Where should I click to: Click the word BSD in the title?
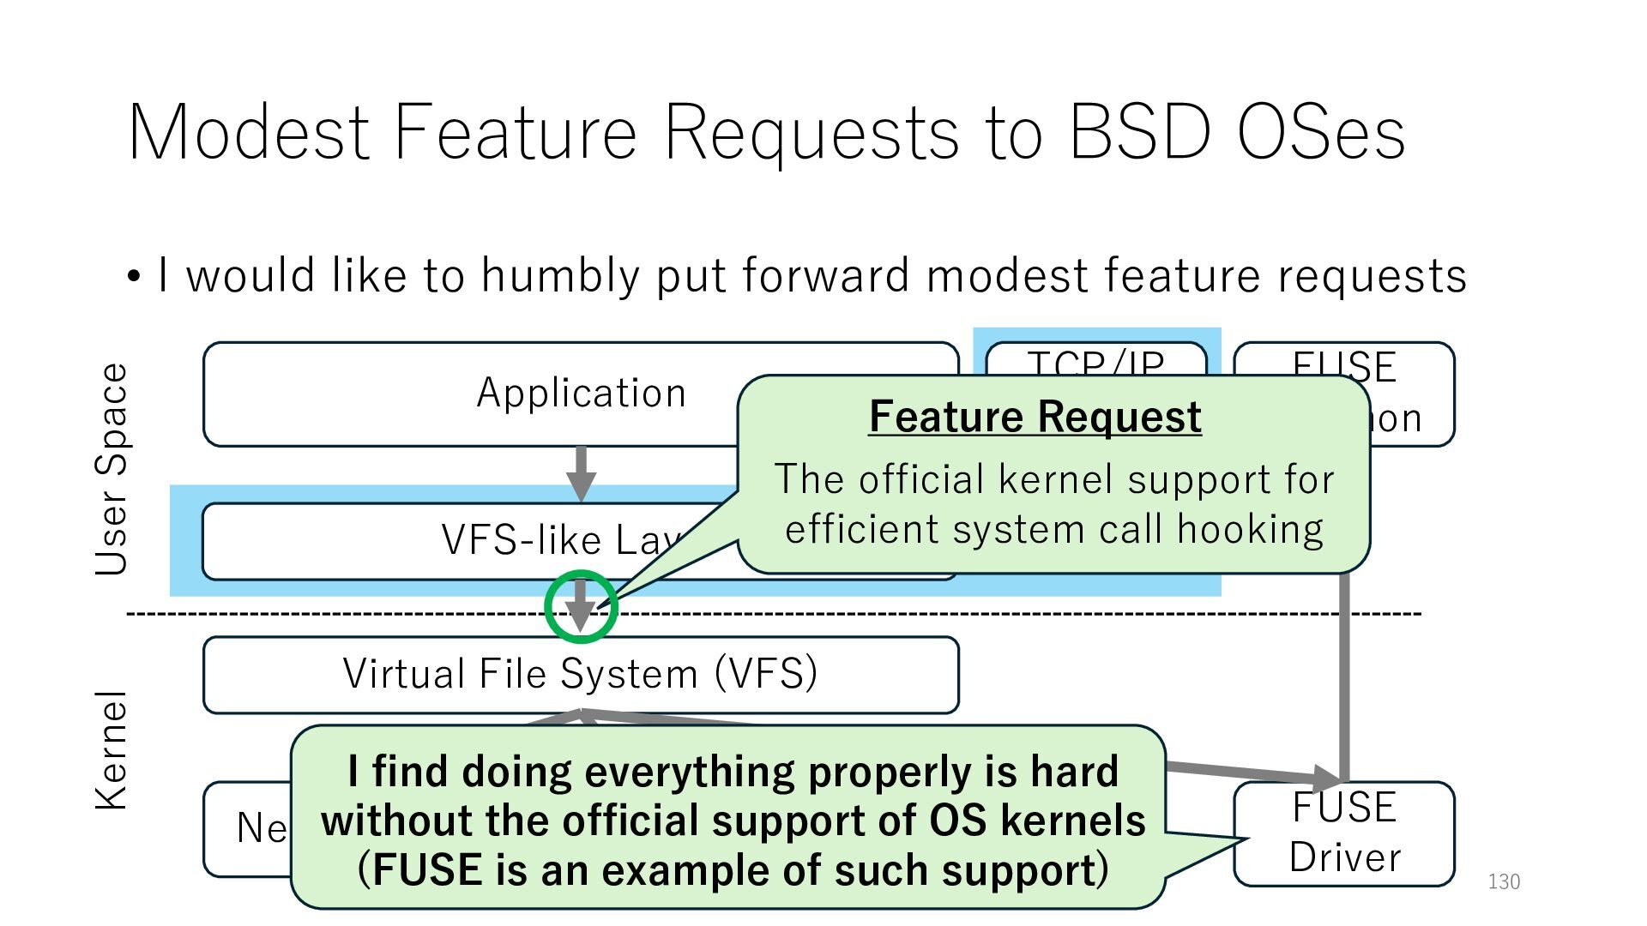point(1139,133)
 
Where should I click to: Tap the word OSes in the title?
point(1321,133)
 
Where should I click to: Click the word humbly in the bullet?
point(560,276)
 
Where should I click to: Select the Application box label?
point(581,393)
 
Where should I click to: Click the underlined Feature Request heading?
point(1035,418)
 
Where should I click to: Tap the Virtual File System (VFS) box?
point(581,674)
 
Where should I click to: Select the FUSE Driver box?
point(1344,833)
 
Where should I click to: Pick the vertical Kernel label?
point(112,749)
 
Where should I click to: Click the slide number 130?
point(1503,881)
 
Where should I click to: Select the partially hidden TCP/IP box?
point(1095,360)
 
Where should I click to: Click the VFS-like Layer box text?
point(558,540)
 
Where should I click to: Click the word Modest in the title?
point(249,133)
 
